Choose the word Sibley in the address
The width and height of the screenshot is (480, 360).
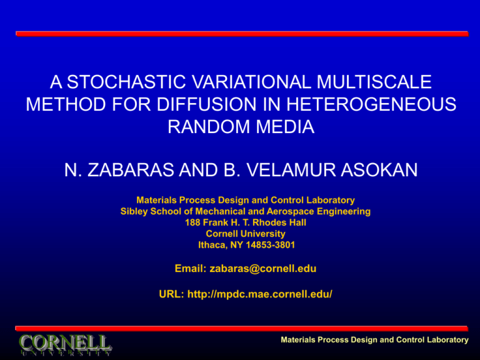tap(134, 212)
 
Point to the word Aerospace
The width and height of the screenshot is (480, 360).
tap(292, 212)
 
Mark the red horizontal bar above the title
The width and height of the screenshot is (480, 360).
tap(241, 34)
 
